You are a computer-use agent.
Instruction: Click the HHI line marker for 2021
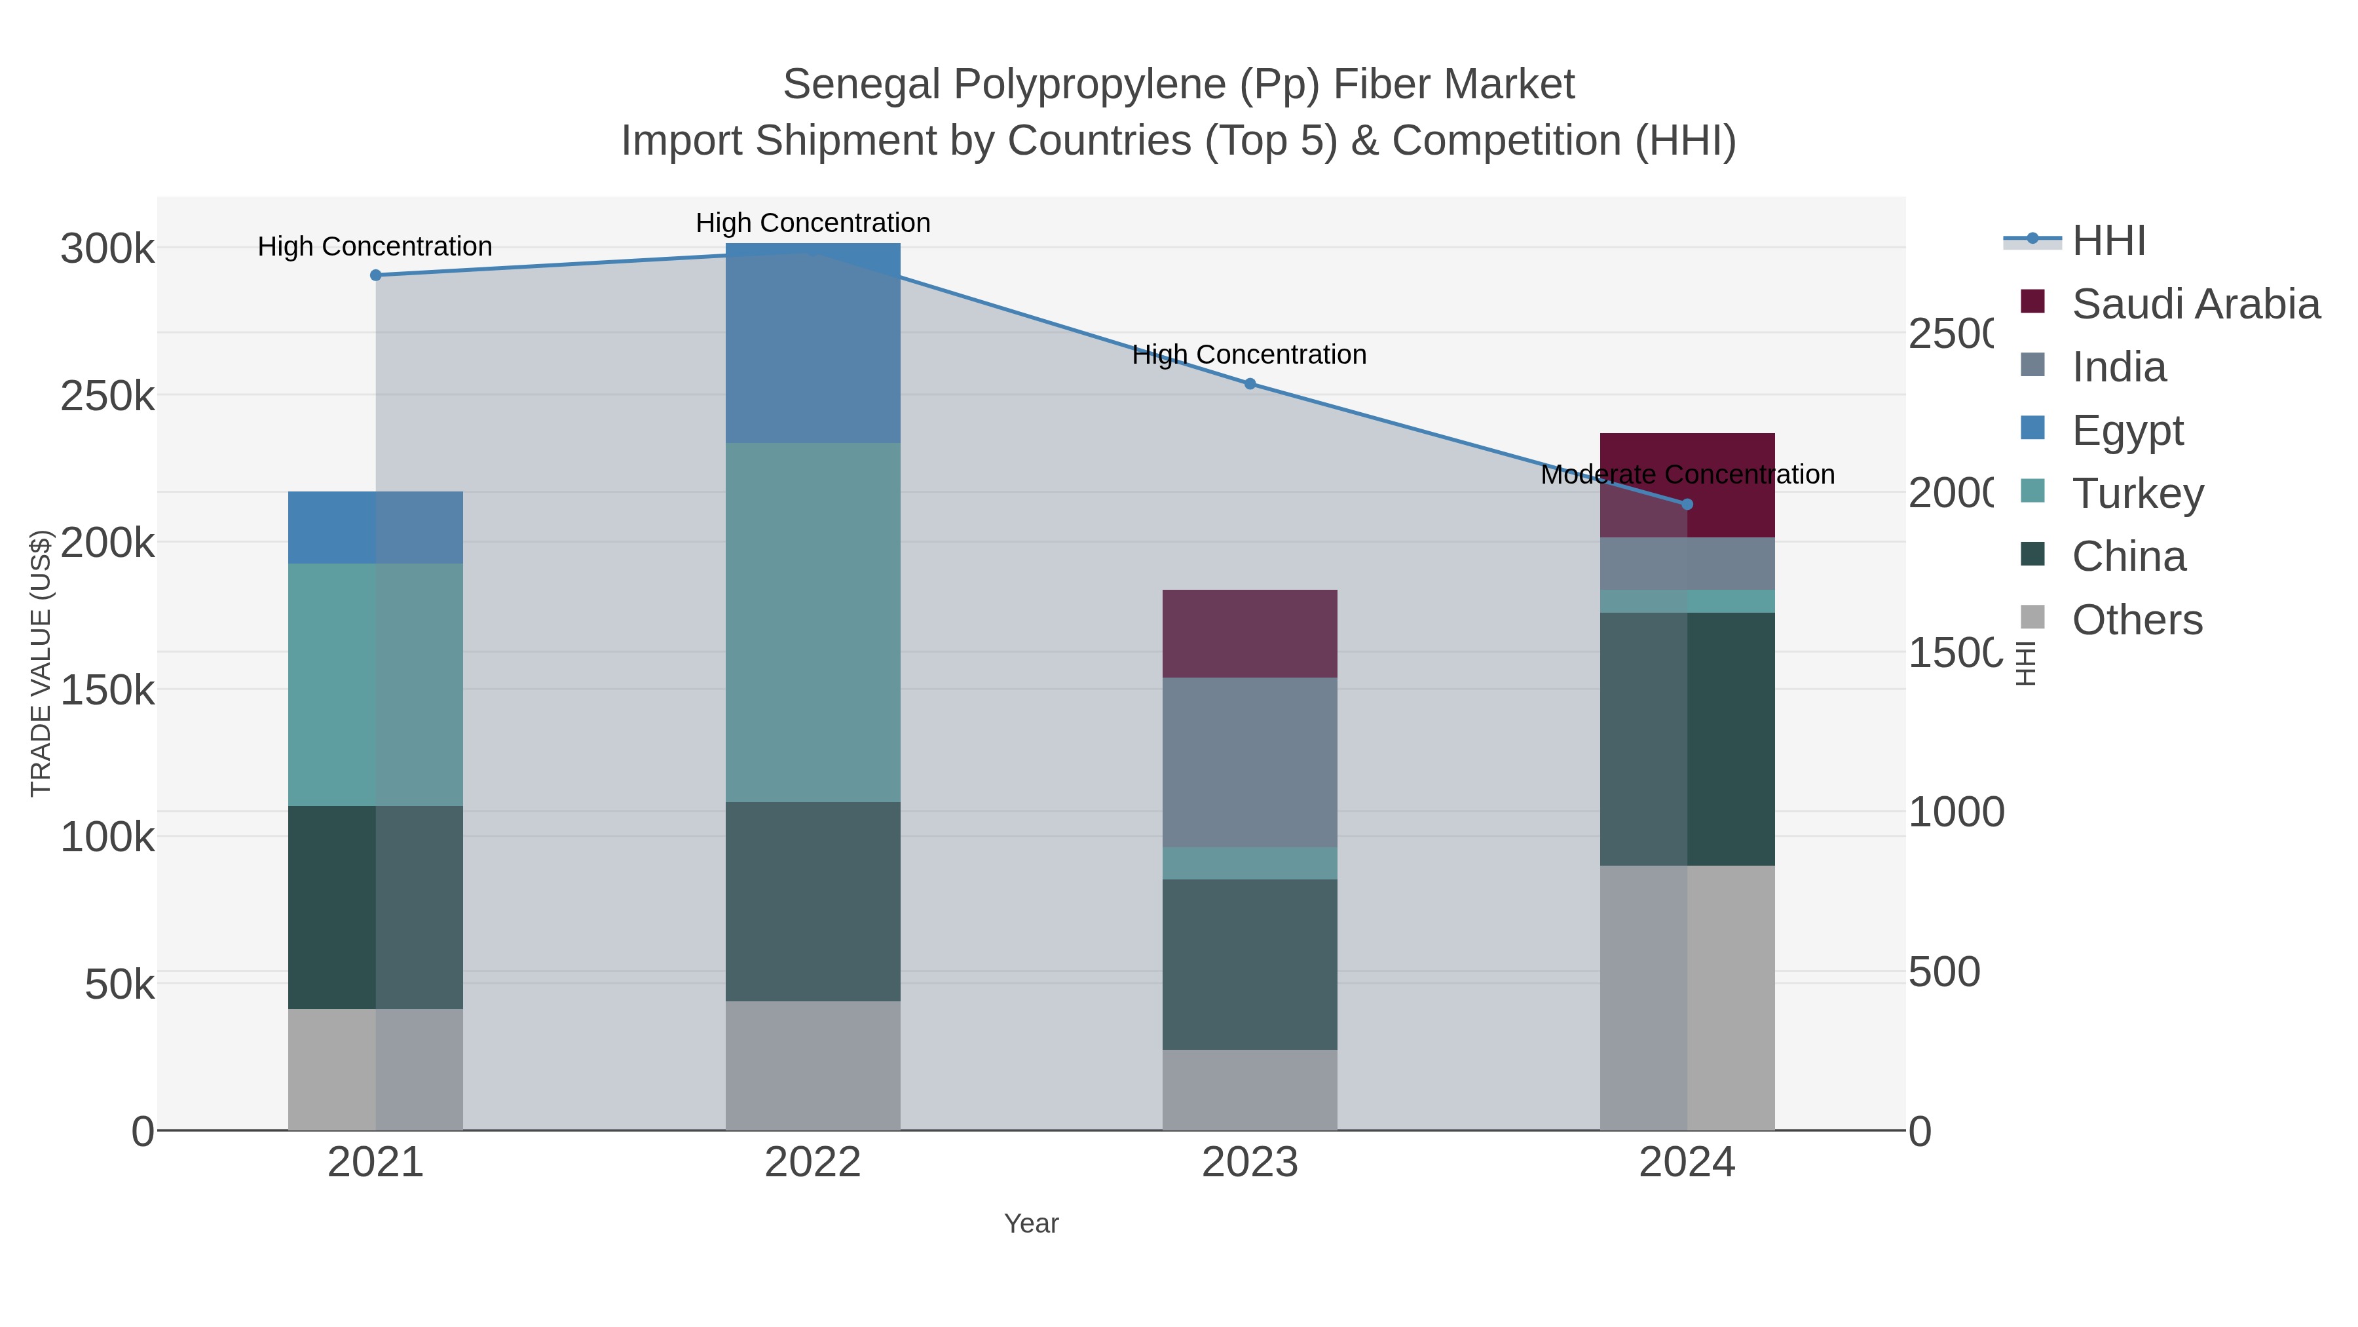(x=375, y=275)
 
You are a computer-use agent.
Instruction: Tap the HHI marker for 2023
(x=1250, y=384)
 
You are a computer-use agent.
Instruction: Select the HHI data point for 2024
(x=1687, y=504)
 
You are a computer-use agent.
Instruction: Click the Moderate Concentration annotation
(x=1687, y=474)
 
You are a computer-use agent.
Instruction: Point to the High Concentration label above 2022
(x=813, y=223)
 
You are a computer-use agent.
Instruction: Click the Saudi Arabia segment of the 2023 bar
(x=1250, y=634)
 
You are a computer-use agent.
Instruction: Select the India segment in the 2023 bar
(x=1250, y=762)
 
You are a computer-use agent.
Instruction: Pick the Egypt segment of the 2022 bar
(x=813, y=343)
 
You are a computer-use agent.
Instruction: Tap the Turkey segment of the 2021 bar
(x=375, y=684)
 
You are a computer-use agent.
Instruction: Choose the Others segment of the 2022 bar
(x=813, y=1065)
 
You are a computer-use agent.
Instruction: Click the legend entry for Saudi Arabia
(x=2195, y=304)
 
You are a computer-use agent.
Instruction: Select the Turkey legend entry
(x=2137, y=493)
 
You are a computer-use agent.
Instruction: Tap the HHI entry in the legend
(x=2108, y=241)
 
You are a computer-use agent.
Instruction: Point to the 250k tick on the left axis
(x=107, y=396)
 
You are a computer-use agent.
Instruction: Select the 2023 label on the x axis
(x=1250, y=1163)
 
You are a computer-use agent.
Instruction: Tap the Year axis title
(x=1031, y=1223)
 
